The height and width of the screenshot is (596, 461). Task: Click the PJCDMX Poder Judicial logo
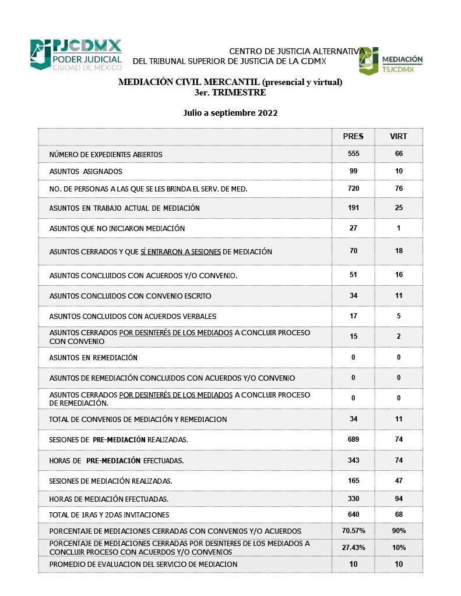[76, 55]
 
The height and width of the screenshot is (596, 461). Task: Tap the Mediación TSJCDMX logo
[390, 61]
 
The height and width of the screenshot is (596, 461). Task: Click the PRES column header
[353, 136]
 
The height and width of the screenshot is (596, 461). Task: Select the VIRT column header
[399, 136]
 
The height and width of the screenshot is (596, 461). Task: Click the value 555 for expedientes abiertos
[353, 154]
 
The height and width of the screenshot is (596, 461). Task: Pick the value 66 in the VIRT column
[399, 154]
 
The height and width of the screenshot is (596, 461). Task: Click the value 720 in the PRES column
[353, 189]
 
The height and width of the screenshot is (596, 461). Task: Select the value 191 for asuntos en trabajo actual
[353, 208]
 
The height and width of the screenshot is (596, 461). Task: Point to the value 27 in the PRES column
[353, 228]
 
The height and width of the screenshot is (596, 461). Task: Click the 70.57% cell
[353, 531]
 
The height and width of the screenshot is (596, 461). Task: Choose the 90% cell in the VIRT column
[399, 531]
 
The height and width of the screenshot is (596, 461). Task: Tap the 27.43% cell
[353, 548]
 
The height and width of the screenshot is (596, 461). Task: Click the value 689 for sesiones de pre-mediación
[353, 439]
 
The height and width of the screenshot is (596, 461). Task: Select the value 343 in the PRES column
[353, 460]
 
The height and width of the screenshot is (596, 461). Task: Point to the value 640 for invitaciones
[353, 515]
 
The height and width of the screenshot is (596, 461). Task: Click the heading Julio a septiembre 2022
[230, 113]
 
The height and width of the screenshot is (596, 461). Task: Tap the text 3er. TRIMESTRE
[230, 92]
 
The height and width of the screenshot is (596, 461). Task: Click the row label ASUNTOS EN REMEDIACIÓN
[93, 357]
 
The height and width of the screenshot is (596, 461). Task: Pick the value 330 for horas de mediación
[353, 499]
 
